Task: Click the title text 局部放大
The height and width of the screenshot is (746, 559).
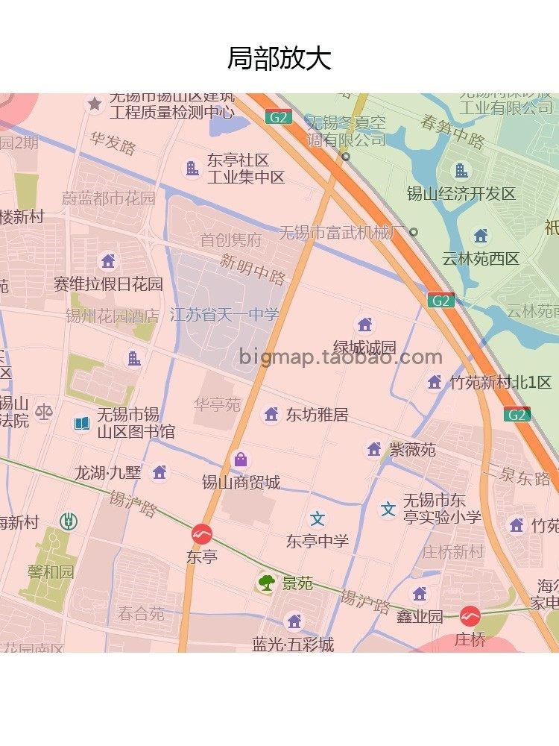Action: (x=279, y=58)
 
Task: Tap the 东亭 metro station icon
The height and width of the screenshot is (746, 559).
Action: (x=201, y=534)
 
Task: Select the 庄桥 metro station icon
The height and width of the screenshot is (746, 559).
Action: (x=470, y=616)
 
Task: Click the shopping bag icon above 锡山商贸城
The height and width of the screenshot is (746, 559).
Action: (x=240, y=460)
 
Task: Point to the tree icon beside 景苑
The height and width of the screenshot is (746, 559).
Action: (x=266, y=583)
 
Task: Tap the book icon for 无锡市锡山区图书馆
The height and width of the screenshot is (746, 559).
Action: (x=82, y=424)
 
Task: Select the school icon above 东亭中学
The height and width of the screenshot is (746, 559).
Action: (x=318, y=519)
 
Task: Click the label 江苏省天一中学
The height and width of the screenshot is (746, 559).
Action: (x=224, y=315)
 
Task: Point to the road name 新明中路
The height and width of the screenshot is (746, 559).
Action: (x=253, y=269)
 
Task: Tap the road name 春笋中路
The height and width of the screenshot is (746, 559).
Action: (x=452, y=131)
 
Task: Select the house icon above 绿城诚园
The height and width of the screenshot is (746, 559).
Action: (x=364, y=325)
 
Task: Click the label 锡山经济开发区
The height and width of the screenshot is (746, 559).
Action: (x=461, y=194)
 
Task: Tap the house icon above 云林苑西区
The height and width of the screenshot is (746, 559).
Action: (x=481, y=236)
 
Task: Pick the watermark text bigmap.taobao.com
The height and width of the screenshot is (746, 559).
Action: (x=341, y=357)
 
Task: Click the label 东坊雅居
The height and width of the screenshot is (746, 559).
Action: (x=317, y=415)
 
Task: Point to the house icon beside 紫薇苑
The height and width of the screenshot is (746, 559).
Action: (x=374, y=449)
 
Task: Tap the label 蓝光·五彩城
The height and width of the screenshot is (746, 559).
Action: (x=293, y=644)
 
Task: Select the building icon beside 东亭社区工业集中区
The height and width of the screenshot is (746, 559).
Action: (x=192, y=169)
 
